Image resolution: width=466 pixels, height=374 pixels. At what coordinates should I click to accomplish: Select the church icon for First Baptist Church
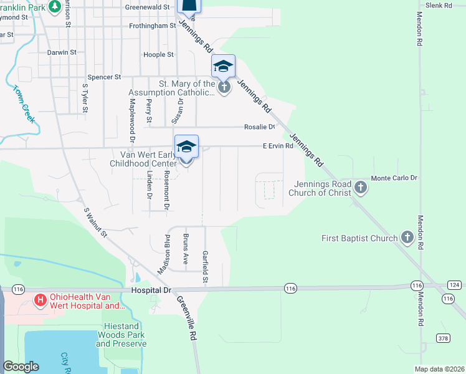pos(407,237)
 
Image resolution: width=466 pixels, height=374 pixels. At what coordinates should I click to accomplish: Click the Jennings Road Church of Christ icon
pos(360,186)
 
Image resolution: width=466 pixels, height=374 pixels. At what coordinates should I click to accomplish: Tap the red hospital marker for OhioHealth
pos(40,300)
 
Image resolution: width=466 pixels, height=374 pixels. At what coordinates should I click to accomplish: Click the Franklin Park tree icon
pos(55,6)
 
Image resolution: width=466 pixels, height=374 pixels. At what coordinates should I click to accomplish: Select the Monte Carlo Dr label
pos(394,178)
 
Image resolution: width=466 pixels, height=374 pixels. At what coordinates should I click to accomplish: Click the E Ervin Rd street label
pos(277,146)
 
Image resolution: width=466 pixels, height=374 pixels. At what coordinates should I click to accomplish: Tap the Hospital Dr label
pos(151,290)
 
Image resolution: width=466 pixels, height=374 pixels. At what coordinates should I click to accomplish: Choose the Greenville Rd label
pos(186,317)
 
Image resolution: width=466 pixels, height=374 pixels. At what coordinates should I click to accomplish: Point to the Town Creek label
pos(22,102)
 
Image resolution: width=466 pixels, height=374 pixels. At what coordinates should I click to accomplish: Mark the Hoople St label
pos(158,55)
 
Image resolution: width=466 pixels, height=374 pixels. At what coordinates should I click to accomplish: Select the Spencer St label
pos(104,77)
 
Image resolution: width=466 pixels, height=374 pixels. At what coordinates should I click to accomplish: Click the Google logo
pos(21,367)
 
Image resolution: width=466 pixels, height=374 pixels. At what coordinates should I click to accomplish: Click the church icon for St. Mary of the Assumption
pos(224,87)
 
